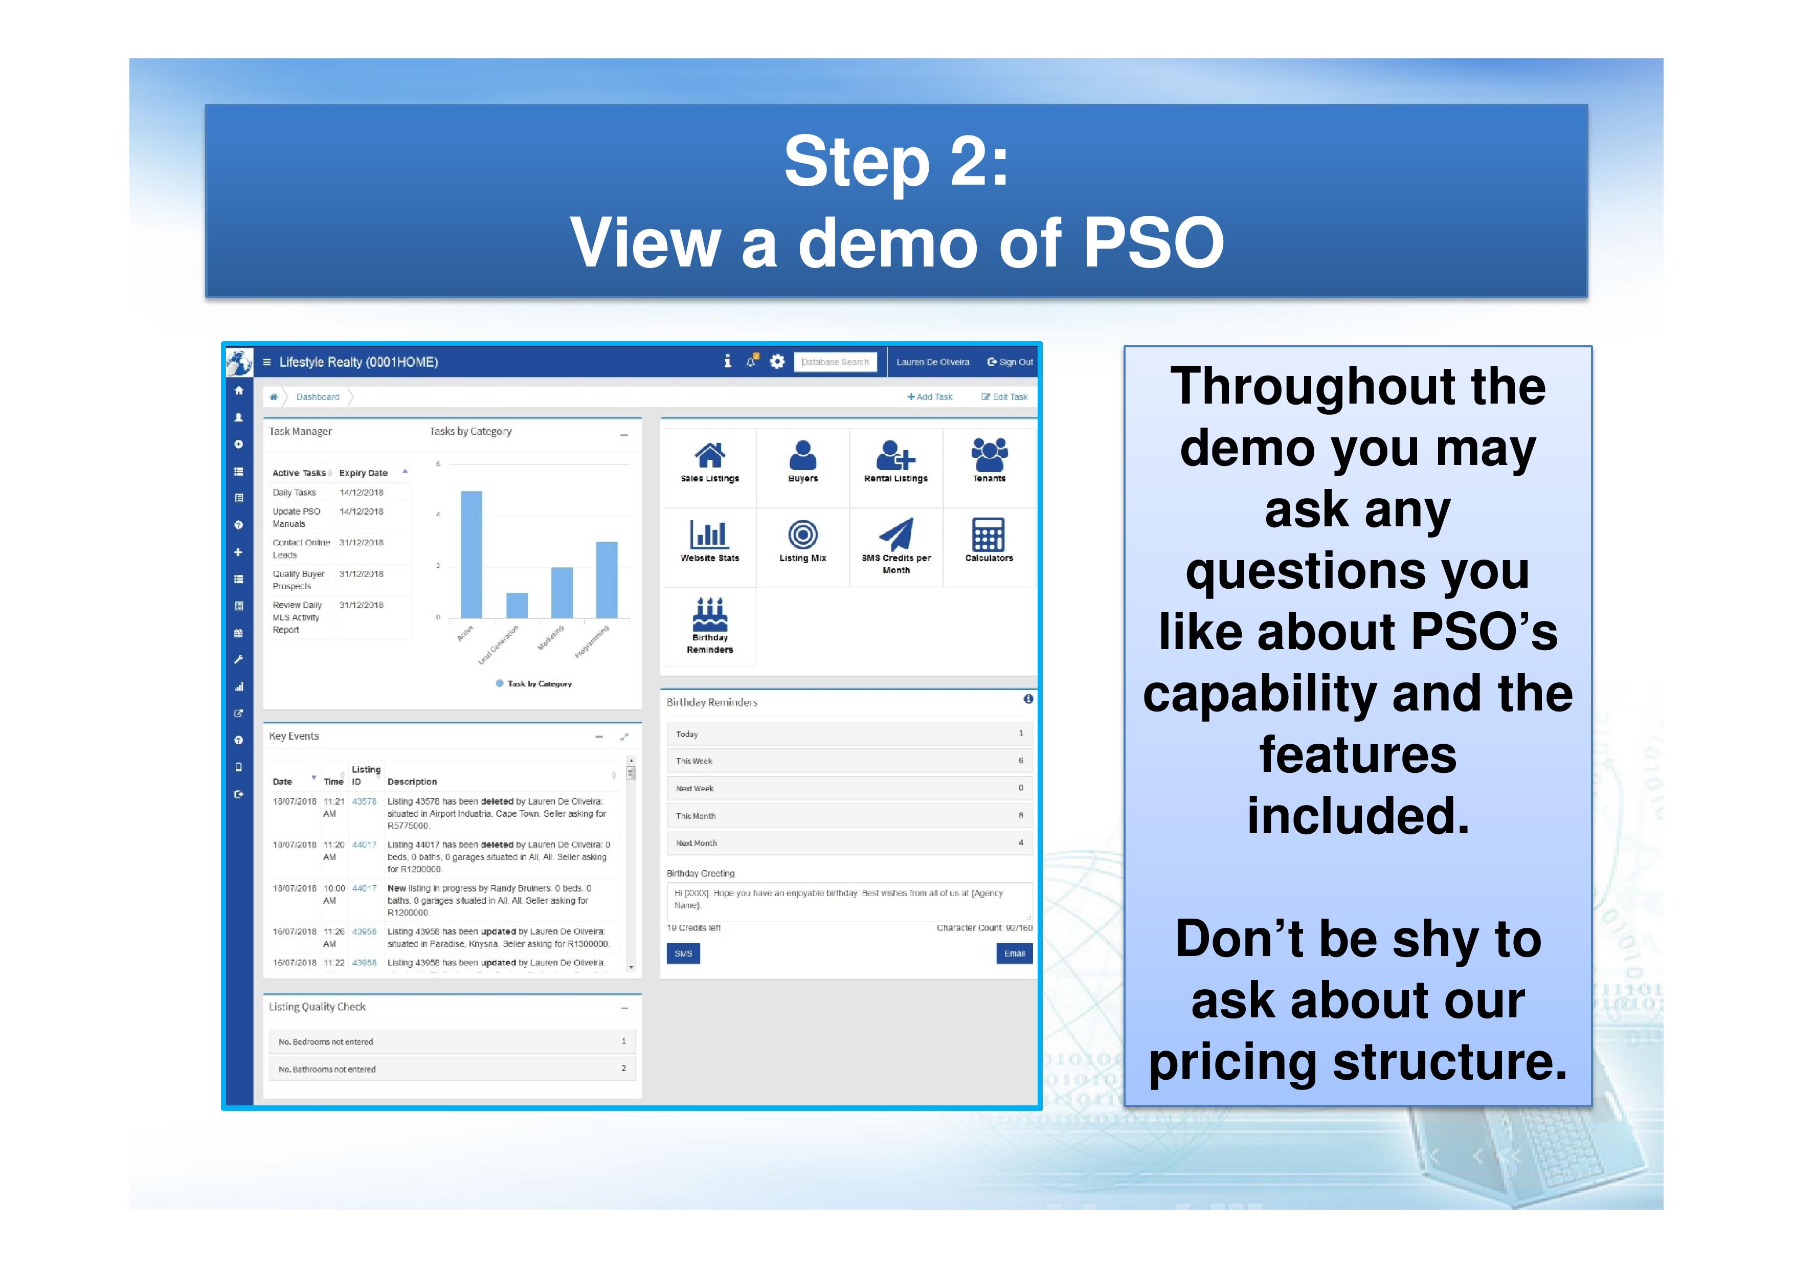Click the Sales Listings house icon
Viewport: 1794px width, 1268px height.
(x=709, y=455)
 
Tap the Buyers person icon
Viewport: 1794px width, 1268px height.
(x=802, y=455)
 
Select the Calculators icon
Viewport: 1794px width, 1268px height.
(x=989, y=535)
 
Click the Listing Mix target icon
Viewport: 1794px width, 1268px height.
(x=802, y=535)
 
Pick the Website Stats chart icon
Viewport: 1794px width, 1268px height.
(x=709, y=535)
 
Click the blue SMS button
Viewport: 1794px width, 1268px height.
(x=683, y=953)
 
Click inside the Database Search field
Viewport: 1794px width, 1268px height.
(x=835, y=362)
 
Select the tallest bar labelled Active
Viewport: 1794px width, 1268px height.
(x=471, y=554)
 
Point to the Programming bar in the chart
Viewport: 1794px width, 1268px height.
(x=607, y=579)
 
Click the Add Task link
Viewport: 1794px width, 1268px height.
(x=930, y=397)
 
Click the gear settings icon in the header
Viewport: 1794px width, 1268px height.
(x=777, y=362)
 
